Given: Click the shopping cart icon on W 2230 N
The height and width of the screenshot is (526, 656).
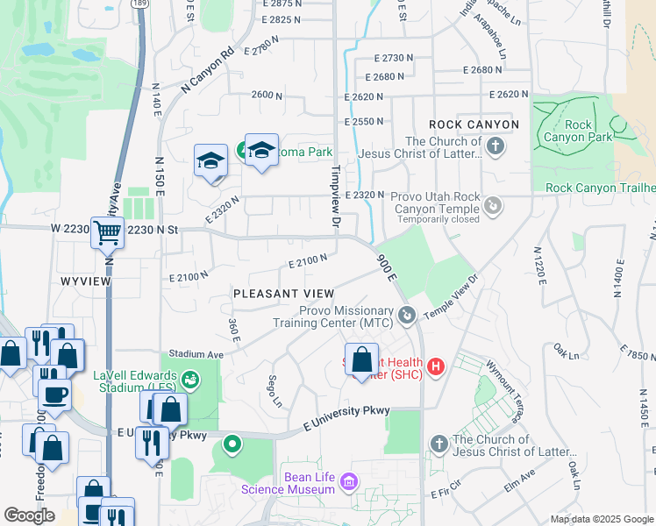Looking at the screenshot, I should coord(108,233).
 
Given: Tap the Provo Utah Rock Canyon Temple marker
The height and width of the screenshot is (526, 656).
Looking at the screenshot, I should coord(494,206).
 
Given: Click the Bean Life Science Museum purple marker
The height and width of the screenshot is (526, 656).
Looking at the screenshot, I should coord(349,482).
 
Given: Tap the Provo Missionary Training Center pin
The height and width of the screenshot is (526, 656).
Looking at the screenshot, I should coord(405,315).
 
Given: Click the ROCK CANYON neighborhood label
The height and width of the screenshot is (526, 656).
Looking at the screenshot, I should coord(474,124).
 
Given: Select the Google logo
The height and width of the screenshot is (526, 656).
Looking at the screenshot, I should coord(30,515).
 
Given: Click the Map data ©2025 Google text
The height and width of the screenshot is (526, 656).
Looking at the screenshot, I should coord(602,519).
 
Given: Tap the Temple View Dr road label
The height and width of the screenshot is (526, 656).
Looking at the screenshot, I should coord(453,298).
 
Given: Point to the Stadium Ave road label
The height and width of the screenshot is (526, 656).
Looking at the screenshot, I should coord(196,353).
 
